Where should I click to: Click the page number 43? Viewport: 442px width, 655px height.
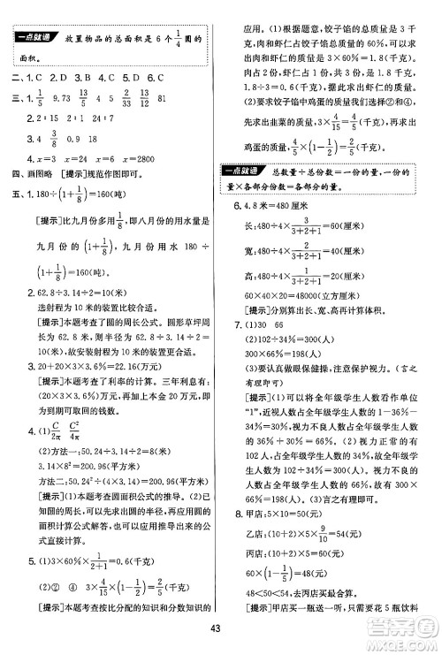221,629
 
